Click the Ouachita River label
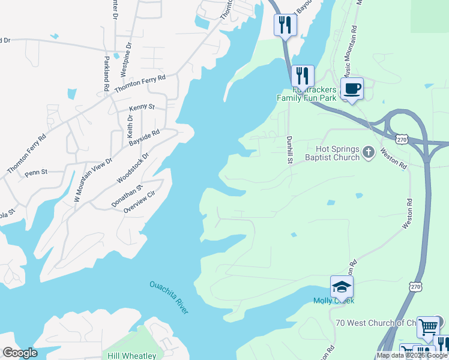(x=169, y=297)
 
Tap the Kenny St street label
(x=142, y=107)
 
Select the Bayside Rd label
(x=144, y=139)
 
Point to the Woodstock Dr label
(x=132, y=169)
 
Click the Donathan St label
(x=127, y=196)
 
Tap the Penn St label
(x=36, y=173)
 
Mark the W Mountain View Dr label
(x=92, y=179)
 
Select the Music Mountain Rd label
(x=349, y=52)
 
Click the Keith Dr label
(x=129, y=124)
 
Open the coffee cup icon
(x=352, y=88)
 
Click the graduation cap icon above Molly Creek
(x=342, y=287)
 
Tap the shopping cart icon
(x=428, y=327)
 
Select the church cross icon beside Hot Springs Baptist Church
(x=369, y=153)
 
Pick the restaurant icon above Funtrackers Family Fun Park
(x=302, y=76)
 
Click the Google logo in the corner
(x=20, y=353)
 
